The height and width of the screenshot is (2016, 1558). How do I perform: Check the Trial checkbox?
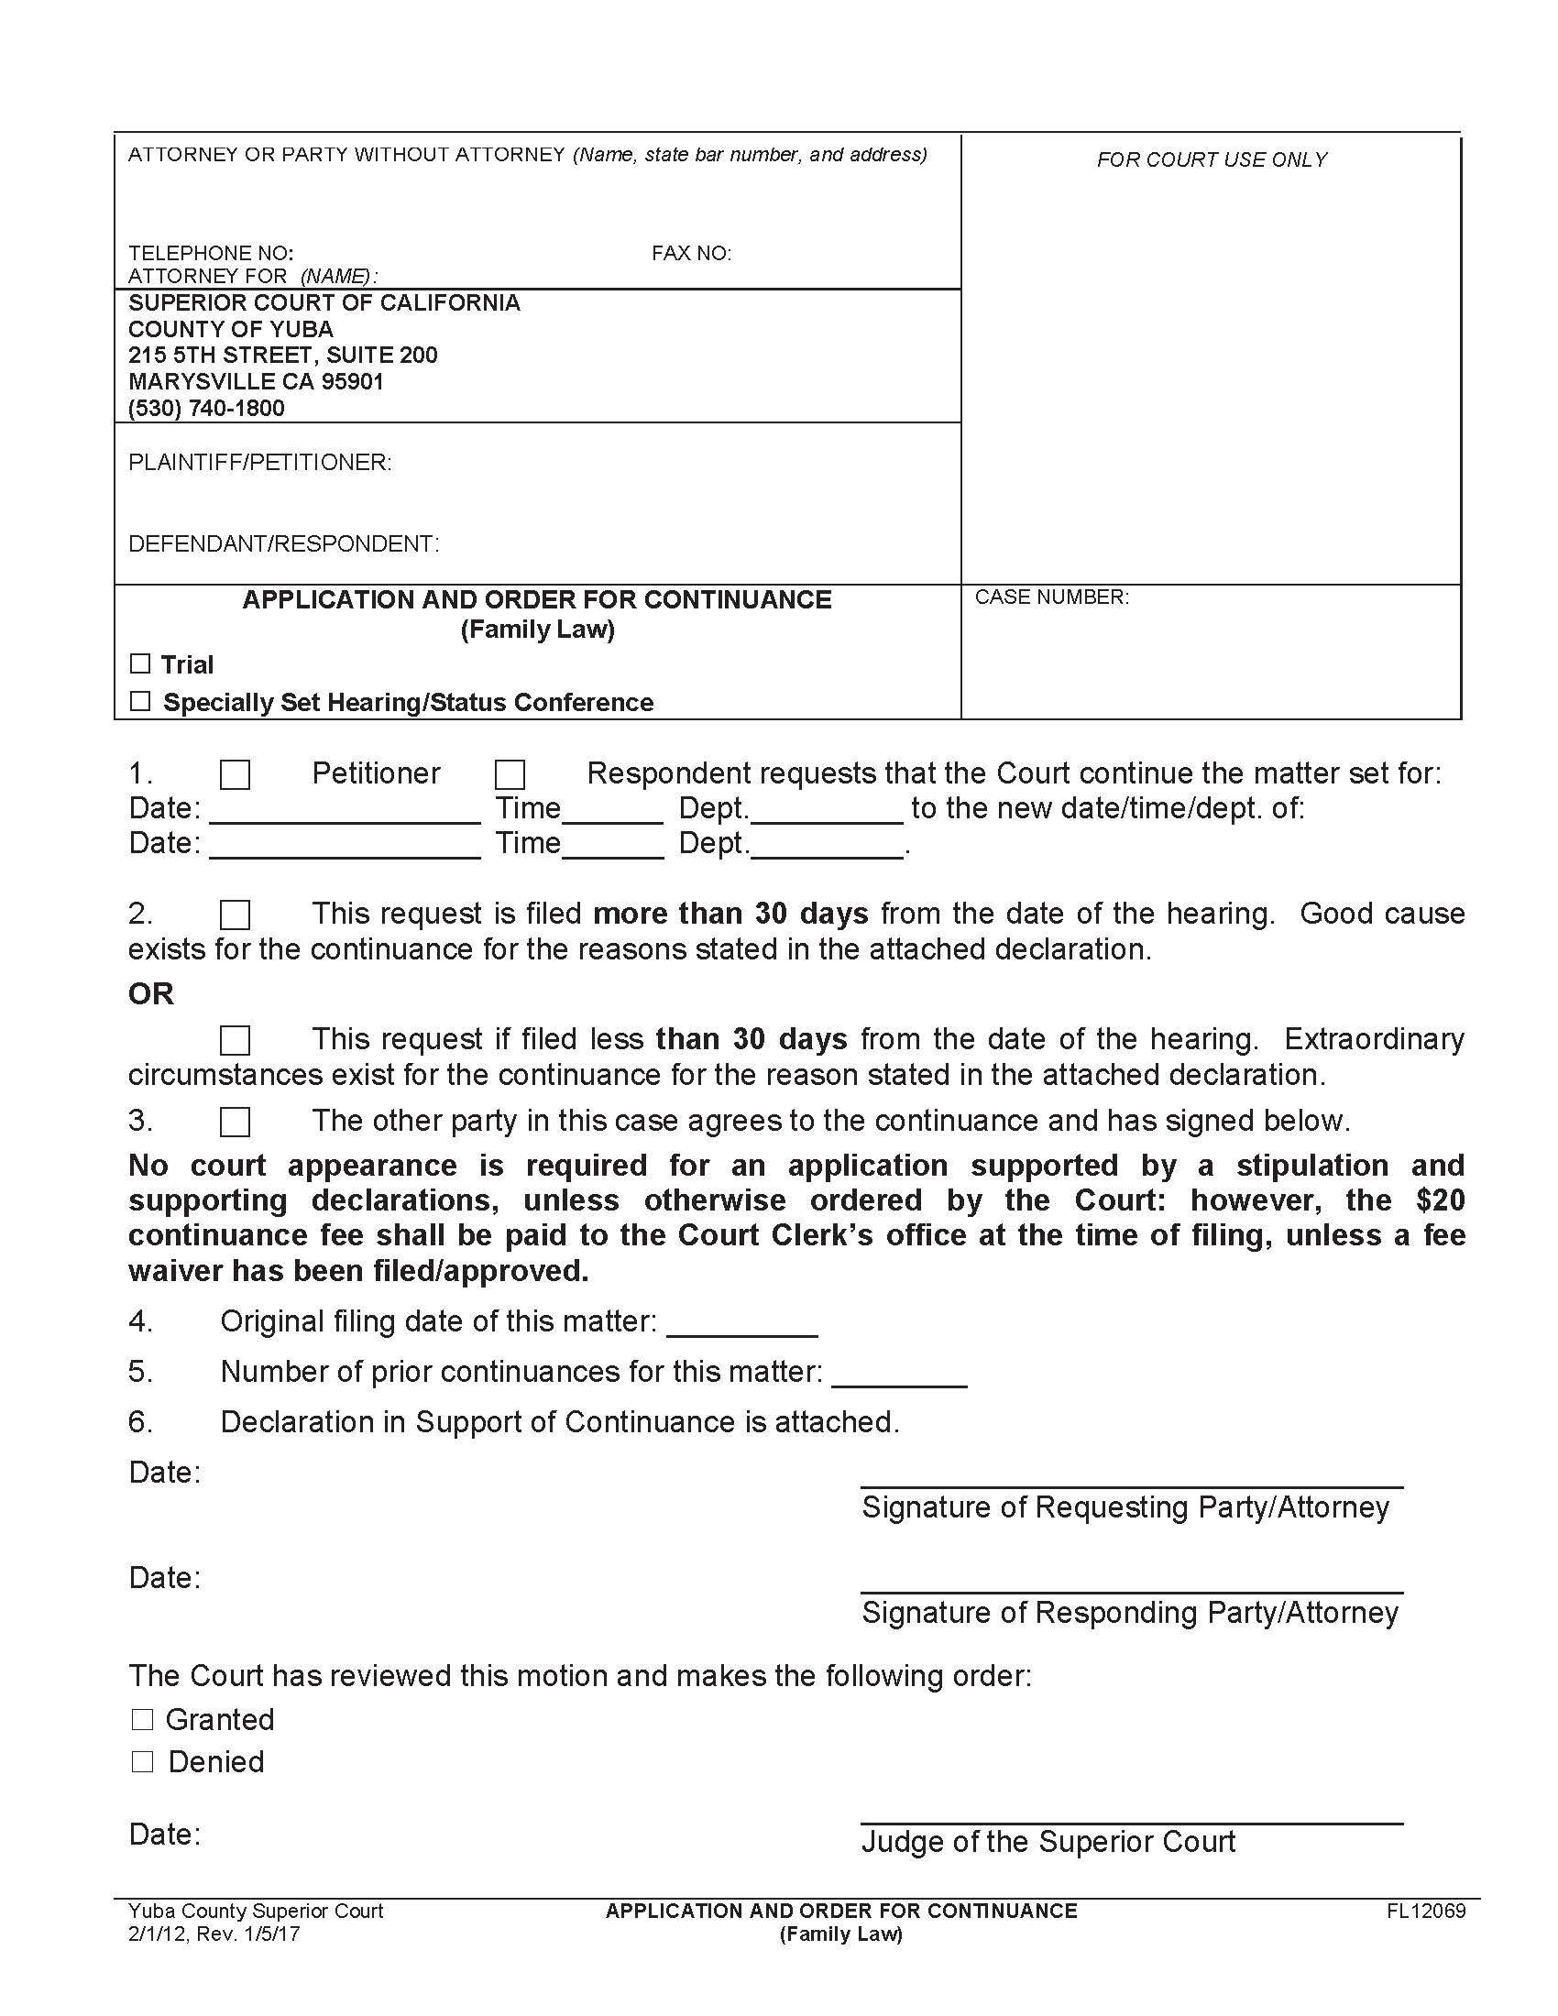tap(140, 663)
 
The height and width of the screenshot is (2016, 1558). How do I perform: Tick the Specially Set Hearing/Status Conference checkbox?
tap(140, 702)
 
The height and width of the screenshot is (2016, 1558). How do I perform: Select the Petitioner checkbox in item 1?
tap(235, 774)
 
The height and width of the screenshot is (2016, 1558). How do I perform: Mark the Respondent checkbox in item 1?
tap(510, 774)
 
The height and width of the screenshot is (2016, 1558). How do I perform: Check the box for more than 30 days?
tap(235, 915)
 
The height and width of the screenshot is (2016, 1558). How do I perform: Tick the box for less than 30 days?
tap(235, 1040)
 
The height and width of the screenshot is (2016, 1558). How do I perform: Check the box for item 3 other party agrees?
tap(235, 1122)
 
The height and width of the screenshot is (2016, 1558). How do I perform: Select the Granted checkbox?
tap(142, 1720)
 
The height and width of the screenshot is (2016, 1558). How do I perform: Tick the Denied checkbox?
tap(142, 1762)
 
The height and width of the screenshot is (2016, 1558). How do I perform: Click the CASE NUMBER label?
tap(1051, 597)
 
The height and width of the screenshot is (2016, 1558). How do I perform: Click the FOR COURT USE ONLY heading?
tap(1211, 159)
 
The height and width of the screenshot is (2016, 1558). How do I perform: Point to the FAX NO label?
tap(690, 253)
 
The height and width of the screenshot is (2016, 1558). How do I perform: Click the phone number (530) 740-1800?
tap(206, 408)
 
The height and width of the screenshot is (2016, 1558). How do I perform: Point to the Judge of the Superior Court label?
tap(1048, 1842)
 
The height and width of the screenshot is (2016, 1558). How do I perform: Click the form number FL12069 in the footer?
tap(1425, 1911)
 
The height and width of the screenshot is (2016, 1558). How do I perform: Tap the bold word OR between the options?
tap(151, 994)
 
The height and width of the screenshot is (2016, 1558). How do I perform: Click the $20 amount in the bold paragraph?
tap(1440, 1200)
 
